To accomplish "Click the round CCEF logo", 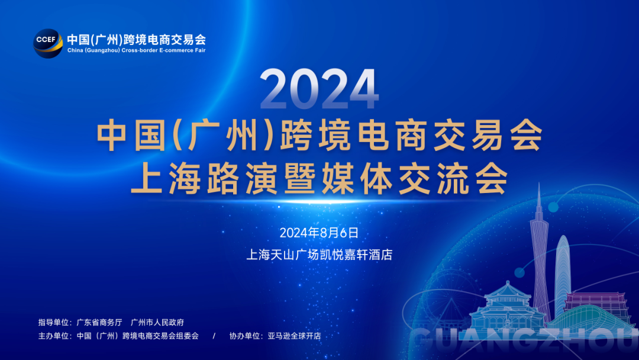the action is (48, 43).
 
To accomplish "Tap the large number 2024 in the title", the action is (319, 89).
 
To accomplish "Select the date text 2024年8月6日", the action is (319, 233).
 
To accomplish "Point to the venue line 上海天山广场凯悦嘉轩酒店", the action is (319, 255).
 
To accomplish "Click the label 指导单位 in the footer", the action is (53, 323).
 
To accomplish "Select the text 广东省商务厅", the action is (99, 323).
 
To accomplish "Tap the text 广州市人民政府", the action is (157, 323).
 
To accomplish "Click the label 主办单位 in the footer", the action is (53, 336).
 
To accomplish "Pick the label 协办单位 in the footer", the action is (244, 336).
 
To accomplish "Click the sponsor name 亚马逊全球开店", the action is (294, 336).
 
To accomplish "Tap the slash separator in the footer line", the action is (214, 336).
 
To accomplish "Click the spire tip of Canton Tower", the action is (539, 183).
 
